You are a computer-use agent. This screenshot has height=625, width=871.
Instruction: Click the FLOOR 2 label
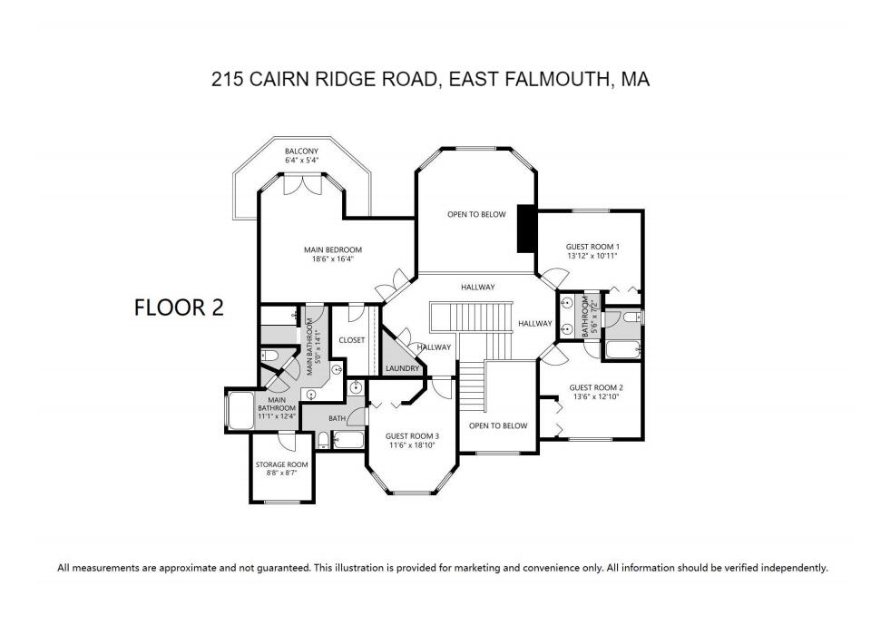click(x=178, y=307)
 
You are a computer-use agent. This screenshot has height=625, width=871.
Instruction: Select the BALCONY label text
click(x=301, y=151)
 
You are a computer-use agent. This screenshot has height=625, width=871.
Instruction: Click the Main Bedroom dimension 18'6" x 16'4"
click(x=332, y=259)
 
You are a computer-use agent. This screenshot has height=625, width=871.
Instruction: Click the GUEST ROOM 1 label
click(x=592, y=246)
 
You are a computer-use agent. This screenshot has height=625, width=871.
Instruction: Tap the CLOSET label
click(x=351, y=340)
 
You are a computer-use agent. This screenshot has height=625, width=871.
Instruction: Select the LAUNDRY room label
click(x=402, y=368)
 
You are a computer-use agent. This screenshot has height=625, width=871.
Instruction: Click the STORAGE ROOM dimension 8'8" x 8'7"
click(x=281, y=473)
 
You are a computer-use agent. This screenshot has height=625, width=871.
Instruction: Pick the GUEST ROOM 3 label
click(x=412, y=435)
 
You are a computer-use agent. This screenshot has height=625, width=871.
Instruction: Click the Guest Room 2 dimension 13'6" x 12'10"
click(x=595, y=396)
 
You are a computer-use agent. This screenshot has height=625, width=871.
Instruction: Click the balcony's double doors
click(x=301, y=184)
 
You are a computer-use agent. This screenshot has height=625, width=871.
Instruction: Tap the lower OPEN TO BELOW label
click(x=498, y=425)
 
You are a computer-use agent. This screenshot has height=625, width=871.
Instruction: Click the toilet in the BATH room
click(x=323, y=443)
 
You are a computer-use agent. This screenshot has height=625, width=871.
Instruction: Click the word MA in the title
click(x=636, y=80)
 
